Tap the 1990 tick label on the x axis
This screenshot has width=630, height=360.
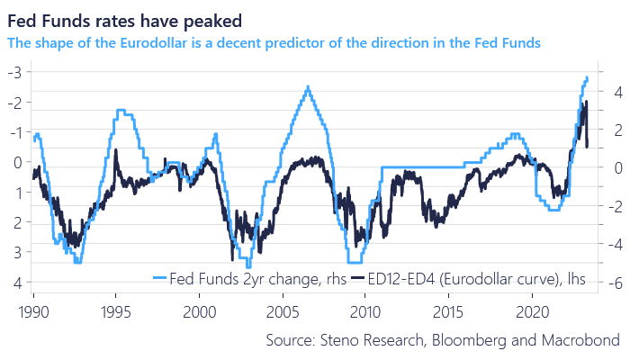click(34, 307)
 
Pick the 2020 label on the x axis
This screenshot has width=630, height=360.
click(530, 307)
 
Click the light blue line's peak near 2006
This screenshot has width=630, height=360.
click(308, 87)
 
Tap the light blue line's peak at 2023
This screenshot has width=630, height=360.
click(587, 77)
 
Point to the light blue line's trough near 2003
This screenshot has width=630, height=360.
click(248, 266)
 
